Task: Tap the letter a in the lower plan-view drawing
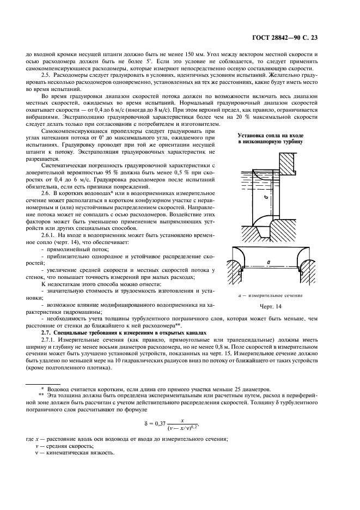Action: pyautogui.click(x=269, y=263)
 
